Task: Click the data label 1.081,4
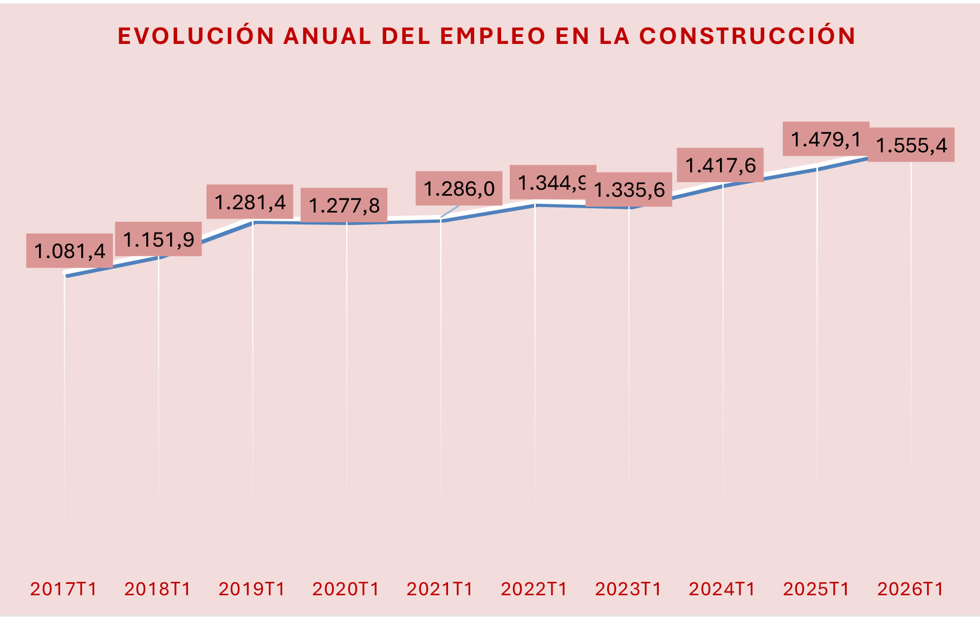(x=70, y=251)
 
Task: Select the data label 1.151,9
(x=159, y=239)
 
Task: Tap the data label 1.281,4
(x=250, y=202)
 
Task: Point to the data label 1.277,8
(x=344, y=205)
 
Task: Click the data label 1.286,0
(x=459, y=189)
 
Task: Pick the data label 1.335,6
(x=629, y=190)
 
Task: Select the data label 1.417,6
(x=720, y=165)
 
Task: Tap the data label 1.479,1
(x=826, y=139)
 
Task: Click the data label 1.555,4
(x=911, y=145)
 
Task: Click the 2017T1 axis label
(x=64, y=589)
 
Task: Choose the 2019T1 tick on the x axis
(x=252, y=589)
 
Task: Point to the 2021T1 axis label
(x=440, y=589)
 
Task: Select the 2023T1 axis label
(x=628, y=589)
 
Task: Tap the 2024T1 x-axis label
(x=722, y=589)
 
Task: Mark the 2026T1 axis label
(x=911, y=589)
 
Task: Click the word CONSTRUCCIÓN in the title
(x=748, y=36)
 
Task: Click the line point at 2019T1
(x=253, y=222)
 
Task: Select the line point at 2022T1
(x=535, y=205)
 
